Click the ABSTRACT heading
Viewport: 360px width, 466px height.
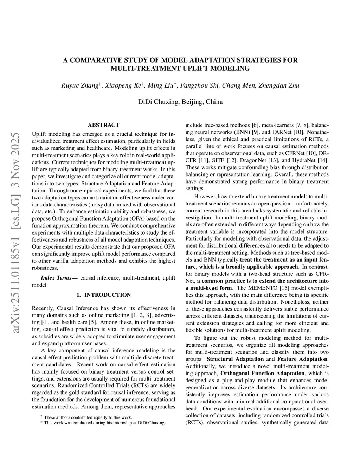coord(103,125)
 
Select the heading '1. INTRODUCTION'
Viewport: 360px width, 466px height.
coord(103,295)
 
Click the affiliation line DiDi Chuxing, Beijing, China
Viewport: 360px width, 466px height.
coord(180,102)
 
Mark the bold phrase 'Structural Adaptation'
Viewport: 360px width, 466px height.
coord(235,359)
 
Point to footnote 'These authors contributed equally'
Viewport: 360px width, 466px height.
coord(88,417)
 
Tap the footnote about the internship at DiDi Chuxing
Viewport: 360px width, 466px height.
coord(104,423)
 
